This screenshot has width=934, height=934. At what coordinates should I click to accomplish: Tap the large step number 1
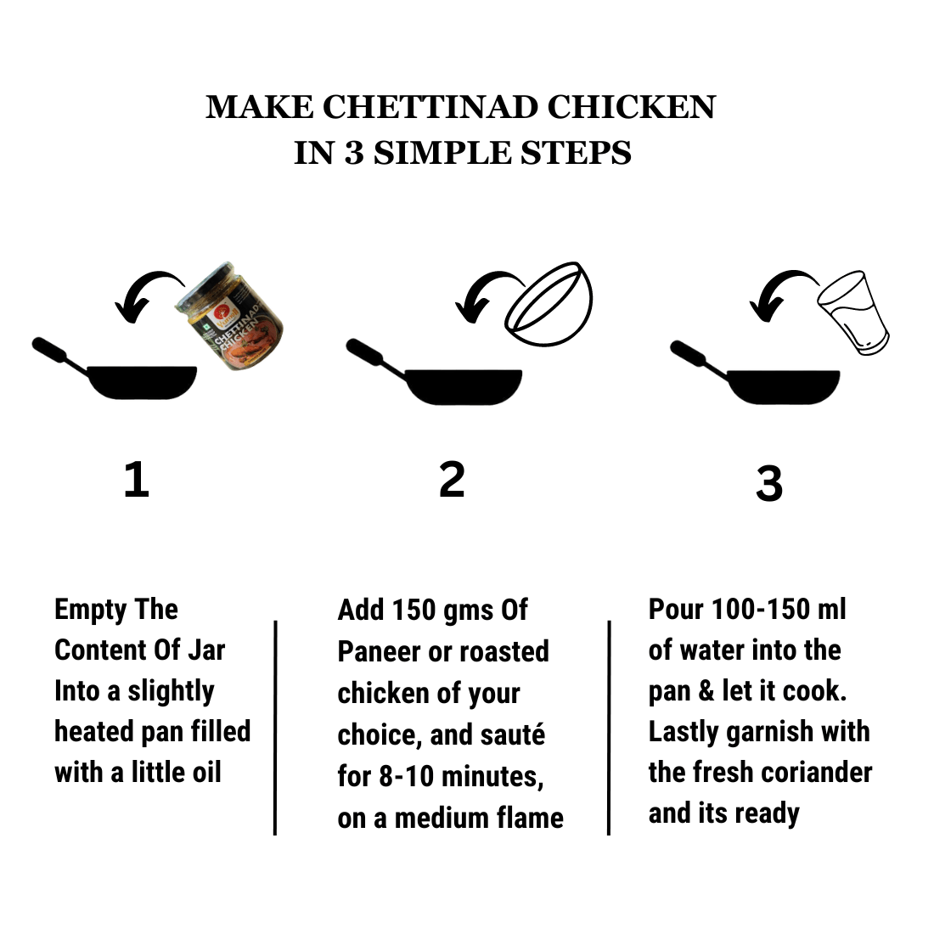137,480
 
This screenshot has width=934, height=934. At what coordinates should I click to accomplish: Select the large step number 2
452,480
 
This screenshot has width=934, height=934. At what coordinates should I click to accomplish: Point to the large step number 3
769,483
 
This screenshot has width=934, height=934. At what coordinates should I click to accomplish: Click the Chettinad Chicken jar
229,317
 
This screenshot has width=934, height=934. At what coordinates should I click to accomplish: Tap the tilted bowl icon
549,304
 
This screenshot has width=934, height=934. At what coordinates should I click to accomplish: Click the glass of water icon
853,312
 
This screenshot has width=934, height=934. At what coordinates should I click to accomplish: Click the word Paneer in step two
378,652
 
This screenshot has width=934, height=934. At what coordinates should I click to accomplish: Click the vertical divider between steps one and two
275,728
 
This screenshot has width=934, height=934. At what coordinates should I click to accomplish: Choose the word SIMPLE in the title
442,153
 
